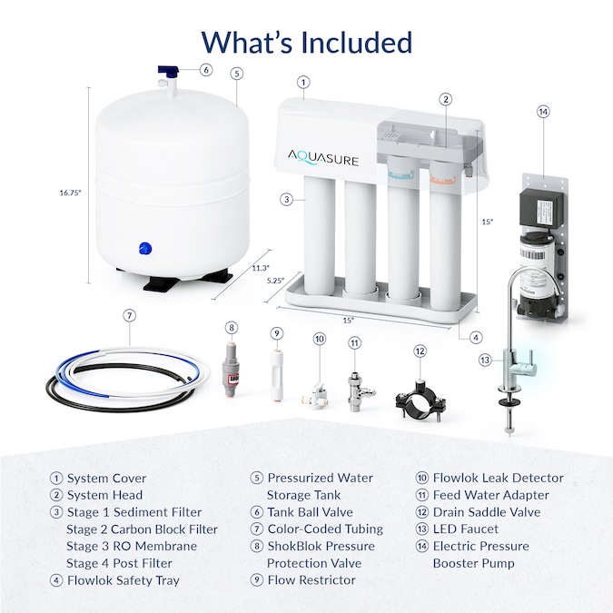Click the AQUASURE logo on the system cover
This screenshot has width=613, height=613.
pos(324,160)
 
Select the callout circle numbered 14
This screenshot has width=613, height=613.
pos(543,112)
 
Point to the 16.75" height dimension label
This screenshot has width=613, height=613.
pos(70,192)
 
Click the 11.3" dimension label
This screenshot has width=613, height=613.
pos(261,267)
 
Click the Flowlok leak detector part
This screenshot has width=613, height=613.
pos(316,386)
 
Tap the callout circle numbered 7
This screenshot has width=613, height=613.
pos(130,315)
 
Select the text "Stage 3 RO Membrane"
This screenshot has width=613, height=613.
pos(131,546)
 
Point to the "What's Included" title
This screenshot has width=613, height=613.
pos(306,41)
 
